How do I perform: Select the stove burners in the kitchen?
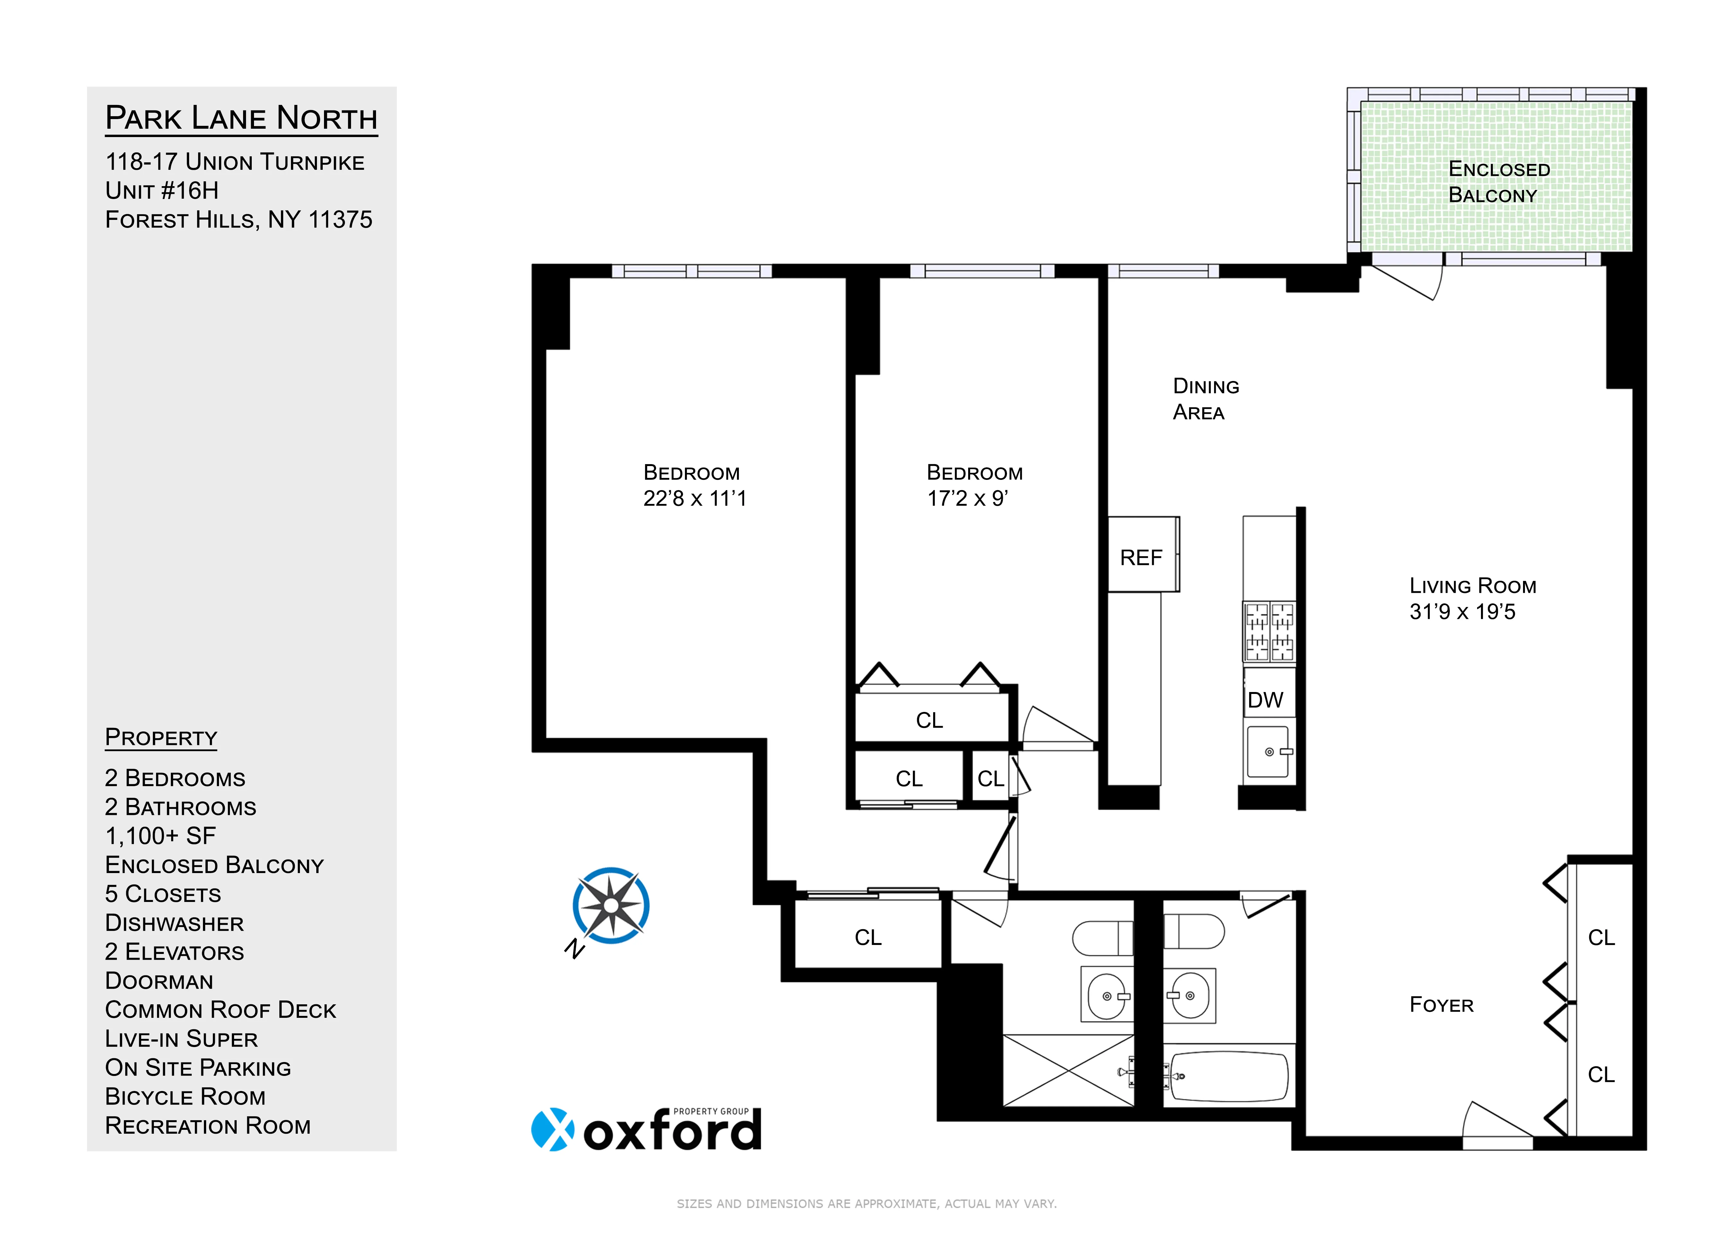(1269, 631)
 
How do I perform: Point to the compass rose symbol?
(611, 906)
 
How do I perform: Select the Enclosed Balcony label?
(1498, 181)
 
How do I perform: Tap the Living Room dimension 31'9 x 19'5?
(1462, 611)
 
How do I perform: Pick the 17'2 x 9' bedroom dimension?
(967, 498)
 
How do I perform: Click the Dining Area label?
(1205, 399)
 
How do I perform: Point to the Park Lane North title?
(241, 118)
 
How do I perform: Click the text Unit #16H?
(162, 191)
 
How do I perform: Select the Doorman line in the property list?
(159, 981)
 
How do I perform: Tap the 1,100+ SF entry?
(160, 836)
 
